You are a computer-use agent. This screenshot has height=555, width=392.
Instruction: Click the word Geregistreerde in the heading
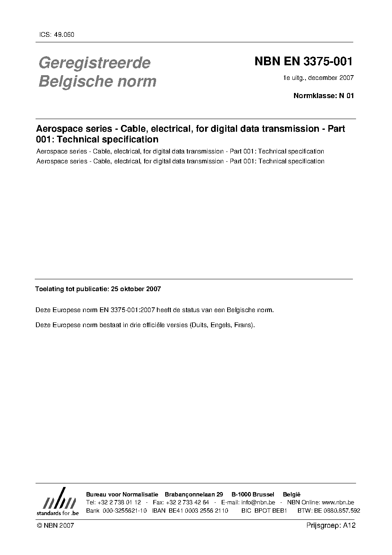pyautogui.click(x=94, y=63)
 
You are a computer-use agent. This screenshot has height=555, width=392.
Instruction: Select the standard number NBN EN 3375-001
pyautogui.click(x=303, y=62)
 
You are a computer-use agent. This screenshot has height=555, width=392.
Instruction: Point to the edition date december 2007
pyautogui.click(x=331, y=78)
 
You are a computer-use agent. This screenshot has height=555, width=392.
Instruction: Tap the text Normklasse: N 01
pyautogui.click(x=324, y=95)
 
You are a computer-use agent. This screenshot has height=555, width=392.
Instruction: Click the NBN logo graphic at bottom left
pyautogui.click(x=58, y=503)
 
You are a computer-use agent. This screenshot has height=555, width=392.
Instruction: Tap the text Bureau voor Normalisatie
pyautogui.click(x=122, y=494)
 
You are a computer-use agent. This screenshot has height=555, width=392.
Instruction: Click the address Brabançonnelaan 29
pyautogui.click(x=194, y=494)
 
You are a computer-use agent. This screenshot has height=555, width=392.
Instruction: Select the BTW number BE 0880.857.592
pyautogui.click(x=337, y=511)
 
